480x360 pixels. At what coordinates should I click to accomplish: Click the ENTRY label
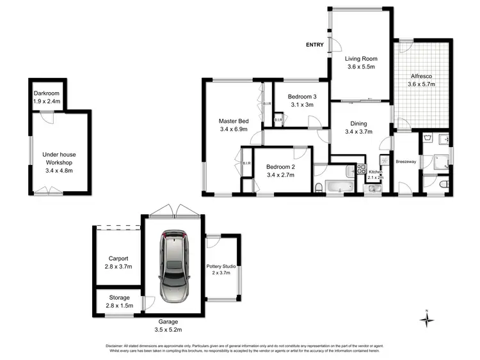tap(314, 45)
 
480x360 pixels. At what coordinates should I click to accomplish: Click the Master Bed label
tap(234, 121)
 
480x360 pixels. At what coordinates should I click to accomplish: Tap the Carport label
tap(117, 258)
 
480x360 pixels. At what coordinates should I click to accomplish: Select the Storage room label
tap(117, 297)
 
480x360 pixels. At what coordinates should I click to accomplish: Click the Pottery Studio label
tap(223, 266)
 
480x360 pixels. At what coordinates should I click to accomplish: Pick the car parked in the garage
tap(173, 265)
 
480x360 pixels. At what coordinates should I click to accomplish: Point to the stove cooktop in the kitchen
tap(361, 169)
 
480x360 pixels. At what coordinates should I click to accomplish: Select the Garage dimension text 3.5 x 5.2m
tap(168, 330)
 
